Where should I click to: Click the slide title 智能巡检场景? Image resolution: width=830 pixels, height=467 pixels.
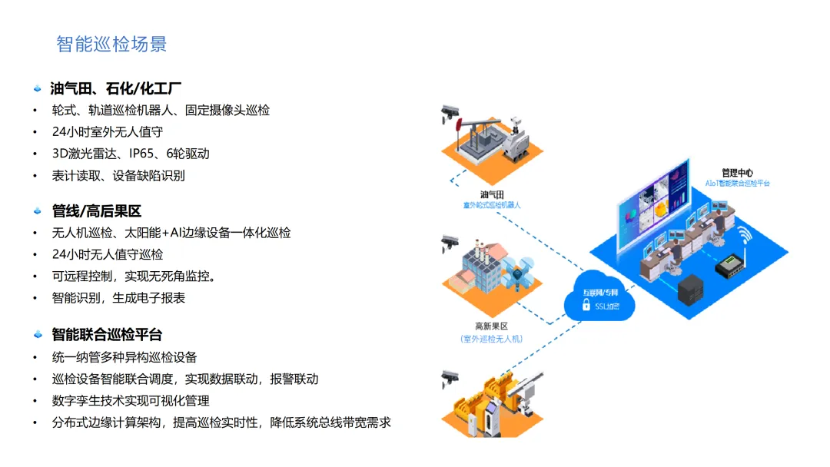point(111,44)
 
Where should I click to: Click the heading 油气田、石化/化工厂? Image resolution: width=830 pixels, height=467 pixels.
point(115,88)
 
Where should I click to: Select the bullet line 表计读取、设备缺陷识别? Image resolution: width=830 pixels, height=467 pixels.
point(118,175)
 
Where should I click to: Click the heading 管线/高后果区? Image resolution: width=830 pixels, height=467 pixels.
point(97,211)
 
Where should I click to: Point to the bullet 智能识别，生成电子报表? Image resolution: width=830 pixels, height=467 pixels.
point(118,297)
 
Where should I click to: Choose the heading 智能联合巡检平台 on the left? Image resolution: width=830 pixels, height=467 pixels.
point(107,335)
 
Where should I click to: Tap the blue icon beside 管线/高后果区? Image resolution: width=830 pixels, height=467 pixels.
point(37,211)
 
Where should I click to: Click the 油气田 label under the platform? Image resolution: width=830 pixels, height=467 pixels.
point(491,194)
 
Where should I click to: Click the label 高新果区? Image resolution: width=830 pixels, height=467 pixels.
point(490,326)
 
